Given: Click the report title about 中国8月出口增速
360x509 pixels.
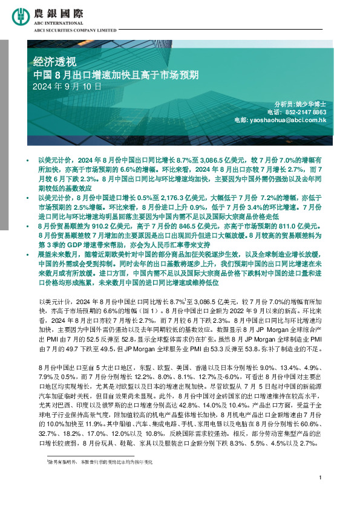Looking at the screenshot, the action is coord(108,76).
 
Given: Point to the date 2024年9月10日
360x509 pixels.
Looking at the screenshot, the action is coord(67,86).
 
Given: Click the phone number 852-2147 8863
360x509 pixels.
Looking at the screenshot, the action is coord(313,112).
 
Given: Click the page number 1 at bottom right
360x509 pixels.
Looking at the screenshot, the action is coord(319,495).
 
